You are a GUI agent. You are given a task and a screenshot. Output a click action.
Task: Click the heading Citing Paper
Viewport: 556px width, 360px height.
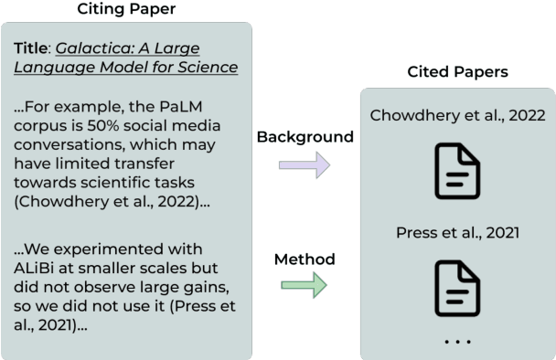126,9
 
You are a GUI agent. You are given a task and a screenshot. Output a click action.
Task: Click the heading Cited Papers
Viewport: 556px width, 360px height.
456,71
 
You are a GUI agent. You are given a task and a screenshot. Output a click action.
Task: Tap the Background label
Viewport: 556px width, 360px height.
305,137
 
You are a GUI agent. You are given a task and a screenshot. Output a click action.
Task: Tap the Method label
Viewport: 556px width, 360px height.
305,259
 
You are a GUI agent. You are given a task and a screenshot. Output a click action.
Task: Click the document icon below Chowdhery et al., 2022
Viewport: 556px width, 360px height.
456,172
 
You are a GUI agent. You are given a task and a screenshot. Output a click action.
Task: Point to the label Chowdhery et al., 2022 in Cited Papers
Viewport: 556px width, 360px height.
457,116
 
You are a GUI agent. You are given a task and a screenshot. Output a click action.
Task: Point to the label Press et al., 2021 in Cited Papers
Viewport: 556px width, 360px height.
457,232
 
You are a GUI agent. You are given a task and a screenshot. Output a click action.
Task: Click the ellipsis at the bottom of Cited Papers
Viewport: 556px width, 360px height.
456,342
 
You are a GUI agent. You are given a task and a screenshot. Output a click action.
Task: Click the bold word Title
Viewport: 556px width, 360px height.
32,48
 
